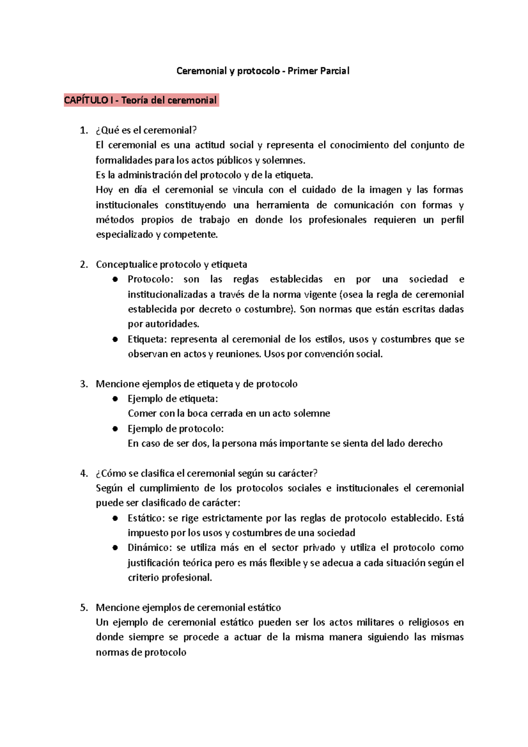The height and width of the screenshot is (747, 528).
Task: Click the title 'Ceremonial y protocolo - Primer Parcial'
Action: pyautogui.click(x=263, y=71)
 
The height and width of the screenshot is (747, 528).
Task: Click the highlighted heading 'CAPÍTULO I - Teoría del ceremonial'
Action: pyautogui.click(x=141, y=100)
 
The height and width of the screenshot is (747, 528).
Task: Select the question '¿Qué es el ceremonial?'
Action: pyautogui.click(x=146, y=130)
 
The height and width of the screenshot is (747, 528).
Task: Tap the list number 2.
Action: pyautogui.click(x=84, y=264)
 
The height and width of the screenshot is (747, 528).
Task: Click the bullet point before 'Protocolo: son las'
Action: pyautogui.click(x=115, y=279)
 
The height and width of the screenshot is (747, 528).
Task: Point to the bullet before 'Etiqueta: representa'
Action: pyautogui.click(x=115, y=339)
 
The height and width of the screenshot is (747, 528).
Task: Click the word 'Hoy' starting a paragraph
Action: pyautogui.click(x=104, y=190)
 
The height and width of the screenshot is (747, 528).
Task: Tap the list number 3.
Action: pyautogui.click(x=84, y=384)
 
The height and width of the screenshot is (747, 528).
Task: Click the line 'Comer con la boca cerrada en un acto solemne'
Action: pyautogui.click(x=229, y=414)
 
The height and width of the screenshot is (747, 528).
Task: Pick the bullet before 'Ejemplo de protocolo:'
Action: pyautogui.click(x=115, y=428)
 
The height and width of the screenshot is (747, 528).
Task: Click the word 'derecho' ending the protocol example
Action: pyautogui.click(x=425, y=443)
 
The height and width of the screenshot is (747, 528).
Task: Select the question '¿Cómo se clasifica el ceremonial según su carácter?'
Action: pyautogui.click(x=206, y=473)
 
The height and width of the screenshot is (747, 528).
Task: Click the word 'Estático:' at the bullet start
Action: pyautogui.click(x=146, y=518)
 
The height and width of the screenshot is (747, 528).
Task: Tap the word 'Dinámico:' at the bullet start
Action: pyautogui.click(x=149, y=548)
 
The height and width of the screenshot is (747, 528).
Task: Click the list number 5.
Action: pyautogui.click(x=84, y=608)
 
